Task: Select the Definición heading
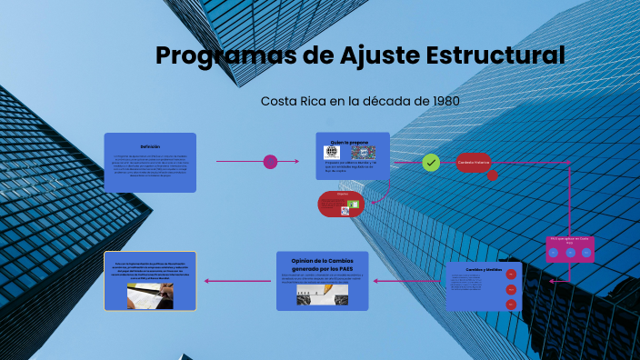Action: click(150, 145)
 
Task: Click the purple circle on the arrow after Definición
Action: click(270, 162)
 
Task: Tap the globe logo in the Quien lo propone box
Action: click(331, 153)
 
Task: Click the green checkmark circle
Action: click(431, 163)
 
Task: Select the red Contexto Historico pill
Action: click(474, 163)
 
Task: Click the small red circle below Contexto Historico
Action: click(492, 175)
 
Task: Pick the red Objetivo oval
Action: click(340, 204)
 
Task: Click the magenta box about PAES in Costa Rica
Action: click(570, 248)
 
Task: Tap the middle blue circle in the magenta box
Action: click(570, 253)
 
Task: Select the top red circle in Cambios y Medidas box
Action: click(511, 274)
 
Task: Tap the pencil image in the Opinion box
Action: click(322, 295)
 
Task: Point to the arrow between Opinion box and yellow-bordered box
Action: click(239, 281)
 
